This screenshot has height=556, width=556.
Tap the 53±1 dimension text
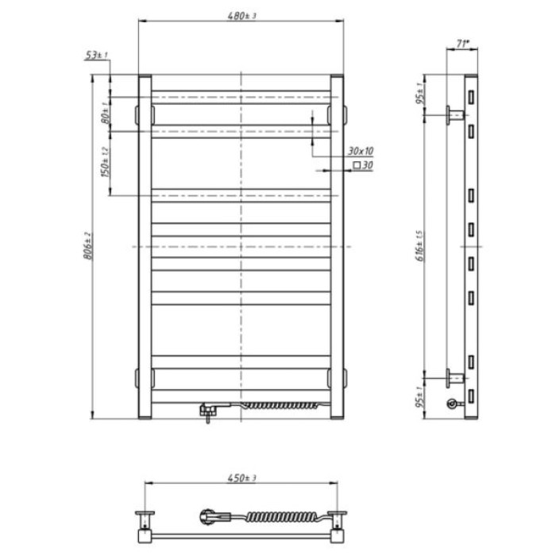pos(99,55)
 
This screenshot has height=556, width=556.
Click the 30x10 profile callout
pos(360,150)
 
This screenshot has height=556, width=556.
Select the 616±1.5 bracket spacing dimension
pos(419,245)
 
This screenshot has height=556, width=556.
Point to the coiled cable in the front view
pos(282,406)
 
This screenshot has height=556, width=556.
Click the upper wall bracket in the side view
pos(454,116)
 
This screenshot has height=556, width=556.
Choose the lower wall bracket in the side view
pos(454,376)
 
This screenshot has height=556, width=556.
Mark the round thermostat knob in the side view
pos(452,403)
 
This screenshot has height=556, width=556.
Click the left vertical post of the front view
pos(145,246)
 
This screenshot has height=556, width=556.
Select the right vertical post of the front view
pos(337,246)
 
